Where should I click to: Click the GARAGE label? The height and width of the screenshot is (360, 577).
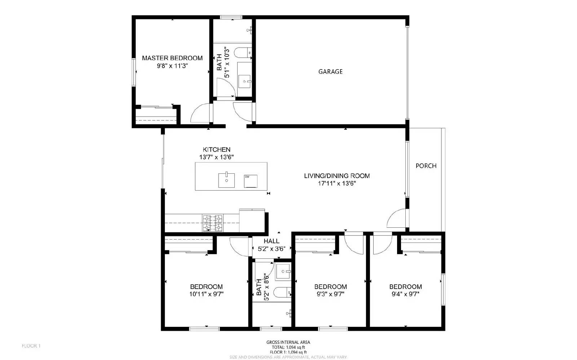(x=330, y=72)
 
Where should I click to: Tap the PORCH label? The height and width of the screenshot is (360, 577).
(x=426, y=166)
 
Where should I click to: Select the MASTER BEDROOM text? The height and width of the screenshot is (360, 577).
(x=172, y=58)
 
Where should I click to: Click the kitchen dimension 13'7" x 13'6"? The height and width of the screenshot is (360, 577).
(x=216, y=157)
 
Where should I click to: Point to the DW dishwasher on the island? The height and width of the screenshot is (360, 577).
(x=251, y=181)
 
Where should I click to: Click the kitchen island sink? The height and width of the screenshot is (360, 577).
(x=226, y=180)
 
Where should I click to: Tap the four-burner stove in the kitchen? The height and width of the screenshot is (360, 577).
(x=212, y=223)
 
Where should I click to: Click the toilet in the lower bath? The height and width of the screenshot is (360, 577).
(x=282, y=292)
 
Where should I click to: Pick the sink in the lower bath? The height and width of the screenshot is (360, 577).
(x=283, y=272)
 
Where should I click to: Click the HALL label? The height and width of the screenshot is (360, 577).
(x=271, y=241)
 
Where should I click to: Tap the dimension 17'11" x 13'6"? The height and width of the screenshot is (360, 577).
(x=337, y=183)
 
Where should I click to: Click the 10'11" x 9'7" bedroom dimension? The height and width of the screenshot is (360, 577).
(x=206, y=294)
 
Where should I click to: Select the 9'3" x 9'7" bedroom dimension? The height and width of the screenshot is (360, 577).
(x=330, y=294)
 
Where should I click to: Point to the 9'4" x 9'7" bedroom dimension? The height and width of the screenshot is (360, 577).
(x=405, y=294)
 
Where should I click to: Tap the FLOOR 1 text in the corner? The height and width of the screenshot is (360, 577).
(x=31, y=346)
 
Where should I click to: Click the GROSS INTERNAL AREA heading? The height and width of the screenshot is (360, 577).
(x=288, y=342)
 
